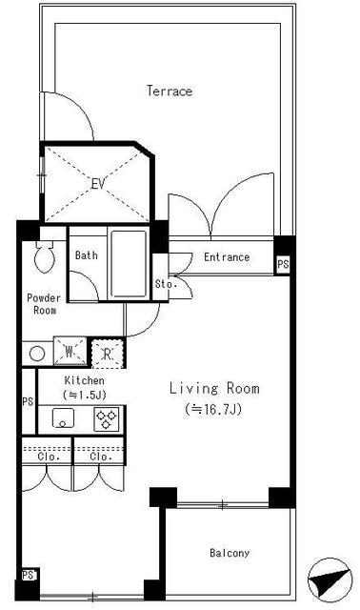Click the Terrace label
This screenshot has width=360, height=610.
[x=170, y=91]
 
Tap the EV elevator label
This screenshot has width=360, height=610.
[x=98, y=184]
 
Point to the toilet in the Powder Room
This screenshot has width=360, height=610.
[x=45, y=256]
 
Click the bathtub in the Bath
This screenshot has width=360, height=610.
[x=129, y=263]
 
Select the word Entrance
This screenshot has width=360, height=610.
[x=227, y=257]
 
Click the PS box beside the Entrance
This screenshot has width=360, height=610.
[x=283, y=265]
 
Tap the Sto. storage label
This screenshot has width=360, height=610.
[x=166, y=284]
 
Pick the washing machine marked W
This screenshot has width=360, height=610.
[x=70, y=352]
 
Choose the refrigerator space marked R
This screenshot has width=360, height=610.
[x=108, y=354]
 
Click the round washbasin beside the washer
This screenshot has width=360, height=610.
[x=37, y=355]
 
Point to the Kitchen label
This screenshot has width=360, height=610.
[x=85, y=380]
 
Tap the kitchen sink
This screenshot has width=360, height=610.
[x=63, y=418]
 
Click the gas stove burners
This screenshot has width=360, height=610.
[x=107, y=419]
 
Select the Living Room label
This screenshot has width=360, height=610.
[x=214, y=388]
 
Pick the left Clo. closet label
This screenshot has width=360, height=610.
[x=49, y=457]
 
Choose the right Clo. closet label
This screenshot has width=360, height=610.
[x=101, y=457]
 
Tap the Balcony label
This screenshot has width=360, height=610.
[x=230, y=553]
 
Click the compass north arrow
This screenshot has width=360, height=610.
[x=330, y=580]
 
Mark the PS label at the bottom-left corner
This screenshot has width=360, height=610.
[x=28, y=575]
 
